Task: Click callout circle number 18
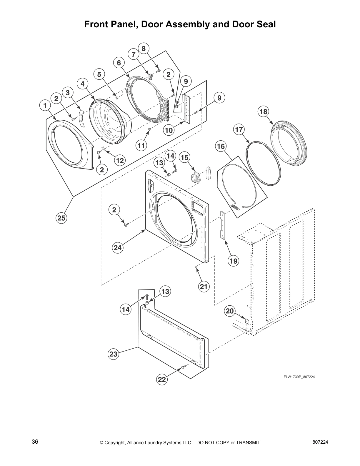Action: [x=263, y=111]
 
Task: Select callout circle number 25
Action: [x=61, y=218]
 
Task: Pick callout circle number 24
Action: [x=118, y=248]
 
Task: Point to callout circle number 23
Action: [x=114, y=354]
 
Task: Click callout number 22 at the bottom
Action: [x=162, y=380]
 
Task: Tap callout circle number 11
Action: [x=141, y=145]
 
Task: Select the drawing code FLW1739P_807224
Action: [x=299, y=377]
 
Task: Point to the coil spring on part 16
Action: [x=235, y=207]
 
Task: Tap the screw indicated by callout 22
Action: [x=183, y=367]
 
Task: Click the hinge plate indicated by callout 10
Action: [x=186, y=108]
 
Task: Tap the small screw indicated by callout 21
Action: [x=196, y=266]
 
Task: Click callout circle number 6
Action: [x=119, y=63]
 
